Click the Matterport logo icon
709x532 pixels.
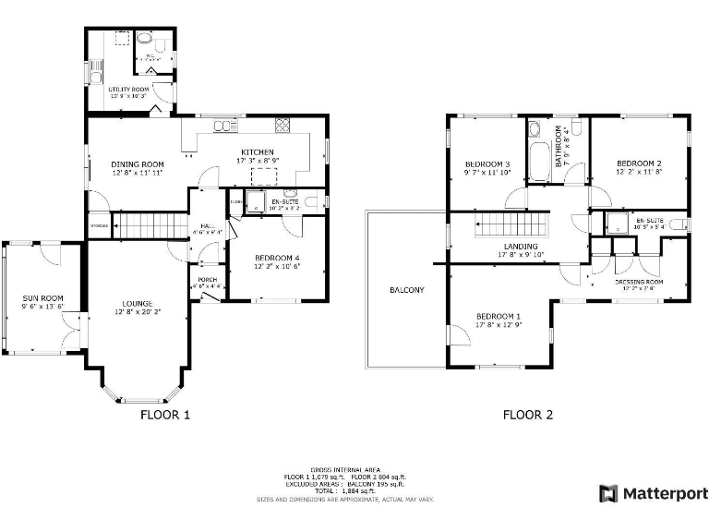click(x=608, y=493)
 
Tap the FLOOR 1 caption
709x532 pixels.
click(x=165, y=415)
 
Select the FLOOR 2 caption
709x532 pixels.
click(x=528, y=415)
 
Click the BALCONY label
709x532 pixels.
click(x=407, y=290)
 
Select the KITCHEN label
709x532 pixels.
click(x=258, y=152)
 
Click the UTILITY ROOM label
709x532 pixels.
click(x=129, y=89)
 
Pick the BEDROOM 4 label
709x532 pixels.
click(x=277, y=258)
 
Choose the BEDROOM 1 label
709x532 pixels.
click(x=498, y=313)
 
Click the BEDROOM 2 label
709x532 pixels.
click(x=639, y=163)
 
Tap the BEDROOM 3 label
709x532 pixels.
click(x=487, y=163)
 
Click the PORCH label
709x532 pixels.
click(x=206, y=281)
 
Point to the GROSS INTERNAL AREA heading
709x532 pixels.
click(x=344, y=469)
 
